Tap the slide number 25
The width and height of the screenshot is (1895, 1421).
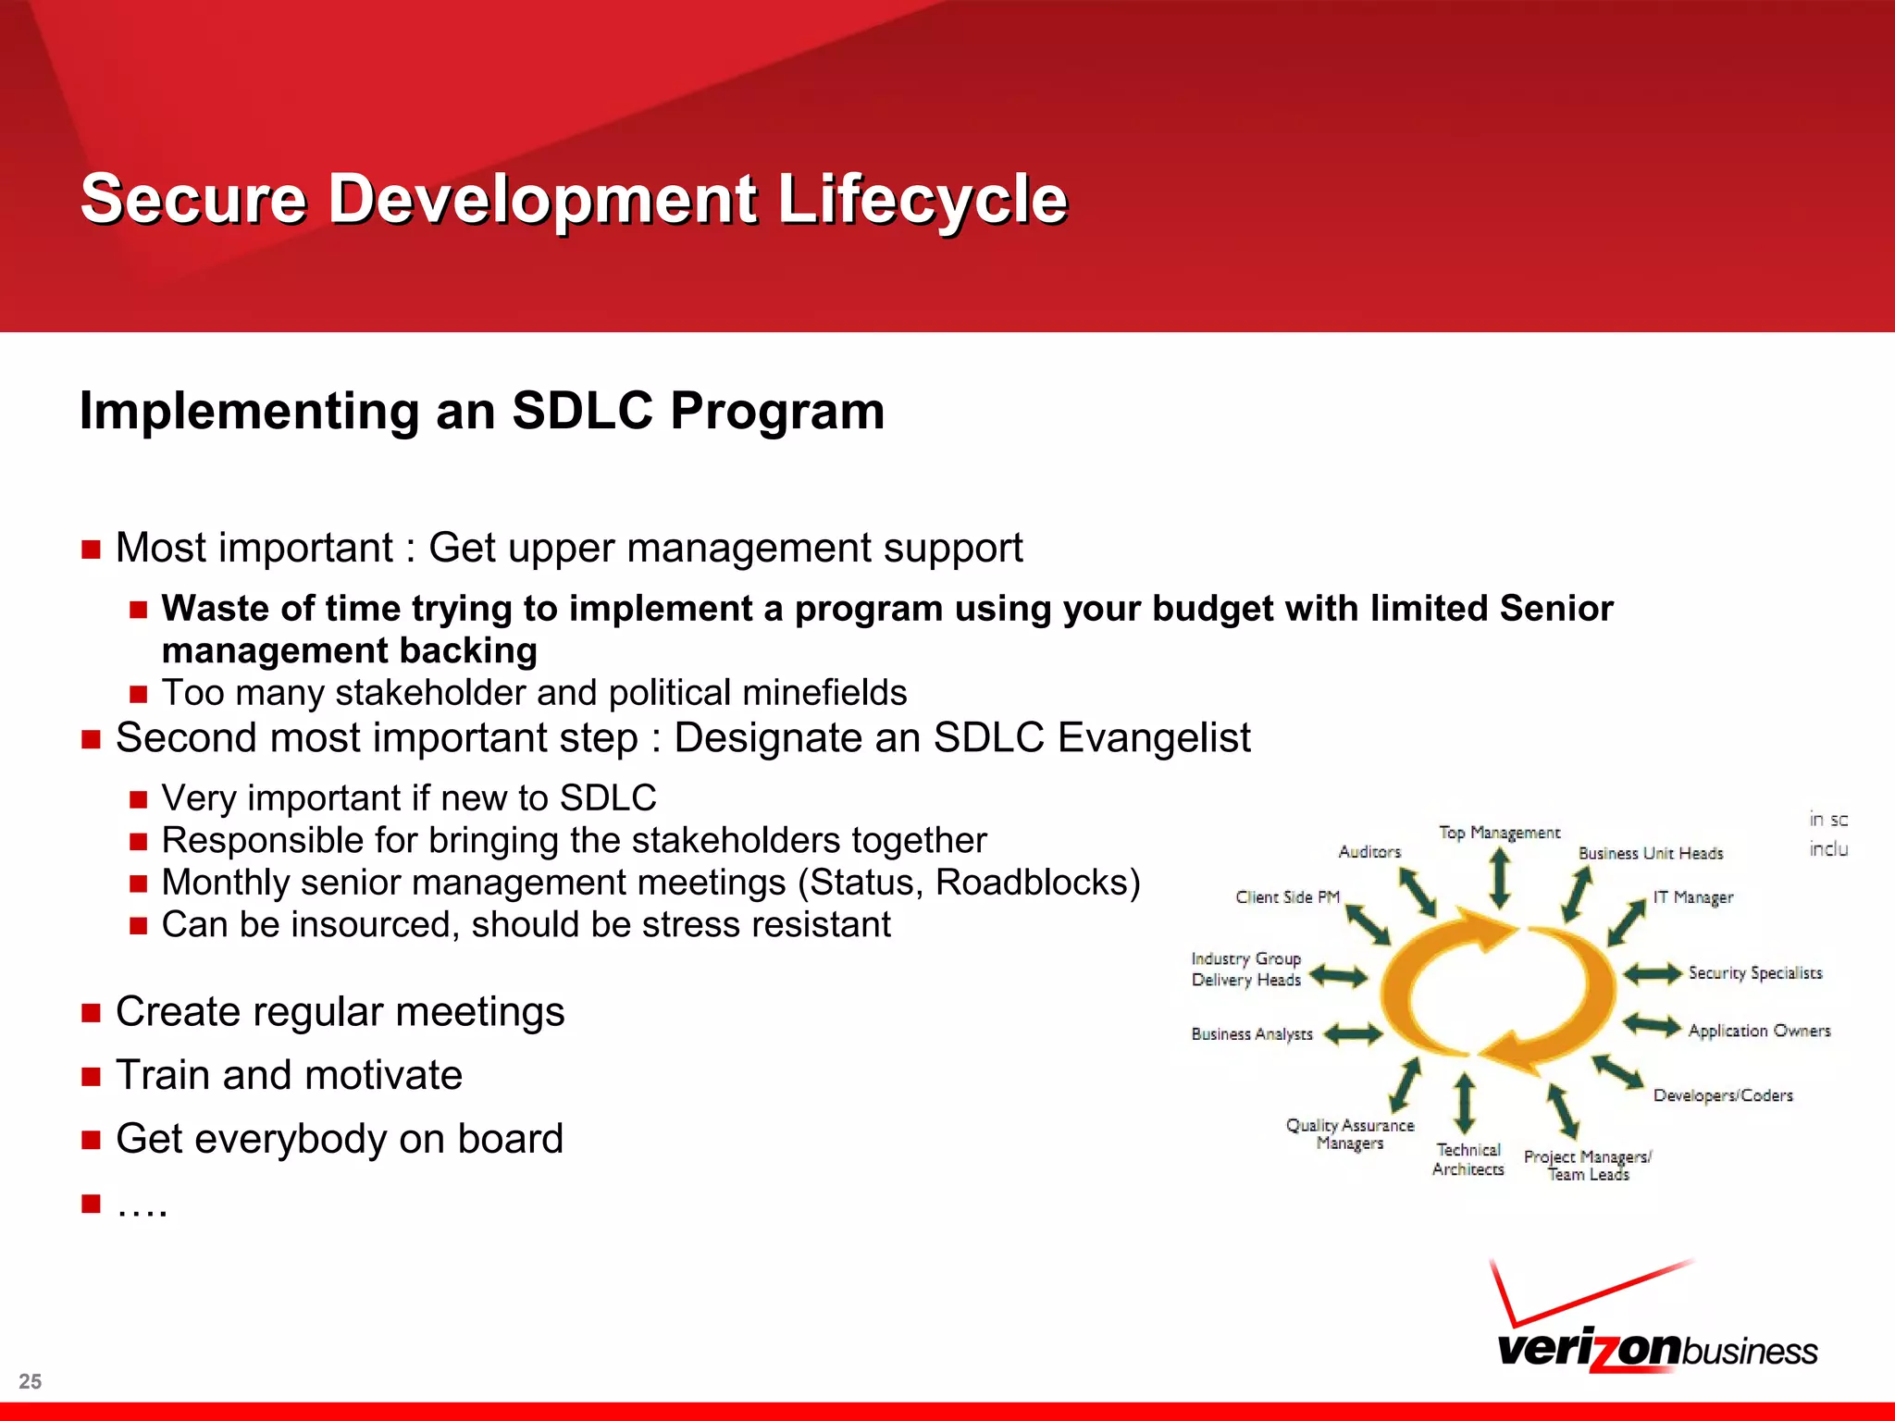(x=30, y=1381)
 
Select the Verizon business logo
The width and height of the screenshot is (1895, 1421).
(x=1656, y=1323)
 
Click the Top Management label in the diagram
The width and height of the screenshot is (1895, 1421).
(x=1499, y=833)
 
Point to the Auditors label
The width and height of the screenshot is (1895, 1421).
(x=1369, y=852)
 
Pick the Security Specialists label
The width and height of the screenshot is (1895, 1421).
(x=1754, y=973)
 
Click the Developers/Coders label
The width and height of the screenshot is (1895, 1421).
(x=1723, y=1095)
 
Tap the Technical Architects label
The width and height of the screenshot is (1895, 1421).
(x=1468, y=1159)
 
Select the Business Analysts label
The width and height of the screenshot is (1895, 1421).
(x=1251, y=1034)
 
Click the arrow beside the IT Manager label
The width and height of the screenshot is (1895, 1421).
(x=1626, y=922)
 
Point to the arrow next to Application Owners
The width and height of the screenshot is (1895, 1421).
(x=1652, y=1025)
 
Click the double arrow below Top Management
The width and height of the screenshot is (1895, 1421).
(x=1500, y=879)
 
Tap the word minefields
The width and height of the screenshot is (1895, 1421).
(x=824, y=693)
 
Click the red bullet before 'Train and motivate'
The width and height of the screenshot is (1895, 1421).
(x=91, y=1077)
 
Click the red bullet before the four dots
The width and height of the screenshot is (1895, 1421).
(x=91, y=1204)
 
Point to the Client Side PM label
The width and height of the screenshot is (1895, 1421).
(x=1287, y=897)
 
